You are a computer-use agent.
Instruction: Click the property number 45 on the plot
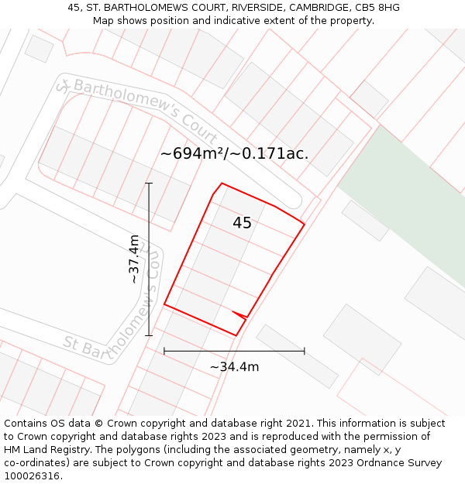click(x=242, y=223)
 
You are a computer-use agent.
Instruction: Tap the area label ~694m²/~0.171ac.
click(x=234, y=153)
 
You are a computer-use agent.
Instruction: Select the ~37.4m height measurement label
click(x=134, y=259)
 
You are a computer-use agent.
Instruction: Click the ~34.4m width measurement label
click(x=234, y=366)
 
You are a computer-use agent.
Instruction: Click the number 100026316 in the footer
click(x=32, y=475)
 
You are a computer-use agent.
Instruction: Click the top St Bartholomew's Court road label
click(x=136, y=107)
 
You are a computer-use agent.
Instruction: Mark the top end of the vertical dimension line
click(x=149, y=184)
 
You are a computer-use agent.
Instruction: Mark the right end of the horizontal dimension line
click(x=305, y=351)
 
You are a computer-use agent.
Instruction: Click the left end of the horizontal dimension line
click(x=164, y=351)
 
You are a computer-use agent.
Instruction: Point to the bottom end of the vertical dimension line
click(x=149, y=335)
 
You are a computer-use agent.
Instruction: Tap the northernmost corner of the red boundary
click(x=222, y=184)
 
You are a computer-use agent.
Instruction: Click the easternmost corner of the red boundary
click(x=305, y=225)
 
